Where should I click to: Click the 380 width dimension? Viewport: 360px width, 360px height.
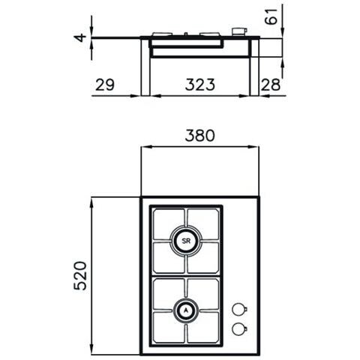pyautogui.click(x=200, y=136)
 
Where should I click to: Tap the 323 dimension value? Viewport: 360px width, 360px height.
pyautogui.click(x=199, y=84)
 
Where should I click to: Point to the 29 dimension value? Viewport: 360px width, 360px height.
pyautogui.click(x=106, y=84)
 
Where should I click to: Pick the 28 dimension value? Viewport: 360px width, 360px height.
pyautogui.click(x=271, y=84)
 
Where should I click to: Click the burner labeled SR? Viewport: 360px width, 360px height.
pyautogui.click(x=186, y=241)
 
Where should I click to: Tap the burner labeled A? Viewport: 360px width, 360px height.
pyautogui.click(x=186, y=309)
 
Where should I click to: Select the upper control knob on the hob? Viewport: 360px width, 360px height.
pyautogui.click(x=238, y=309)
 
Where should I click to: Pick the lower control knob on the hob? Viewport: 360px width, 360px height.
pyautogui.click(x=238, y=328)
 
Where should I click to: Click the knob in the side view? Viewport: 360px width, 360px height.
pyautogui.click(x=238, y=31)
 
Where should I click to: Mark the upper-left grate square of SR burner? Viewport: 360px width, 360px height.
pyautogui.click(x=169, y=223)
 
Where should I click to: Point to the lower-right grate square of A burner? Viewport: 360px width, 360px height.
pyautogui.click(x=203, y=327)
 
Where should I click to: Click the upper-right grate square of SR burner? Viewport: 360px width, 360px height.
pyautogui.click(x=203, y=223)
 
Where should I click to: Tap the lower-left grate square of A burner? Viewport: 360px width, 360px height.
pyautogui.click(x=169, y=327)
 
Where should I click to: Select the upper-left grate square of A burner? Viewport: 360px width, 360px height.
pyautogui.click(x=169, y=292)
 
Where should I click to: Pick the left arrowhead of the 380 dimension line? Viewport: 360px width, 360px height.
pyautogui.click(x=144, y=148)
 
